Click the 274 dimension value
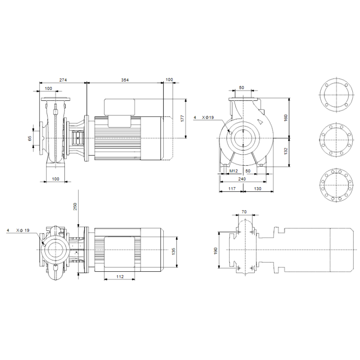(63, 80)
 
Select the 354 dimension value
(125, 80)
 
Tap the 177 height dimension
(182, 118)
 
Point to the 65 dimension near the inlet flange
(30, 138)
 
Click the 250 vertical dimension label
(75, 207)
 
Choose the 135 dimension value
(174, 252)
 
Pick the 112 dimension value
(120, 277)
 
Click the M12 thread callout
(234, 171)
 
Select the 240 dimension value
(242, 179)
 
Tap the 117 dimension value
(232, 189)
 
